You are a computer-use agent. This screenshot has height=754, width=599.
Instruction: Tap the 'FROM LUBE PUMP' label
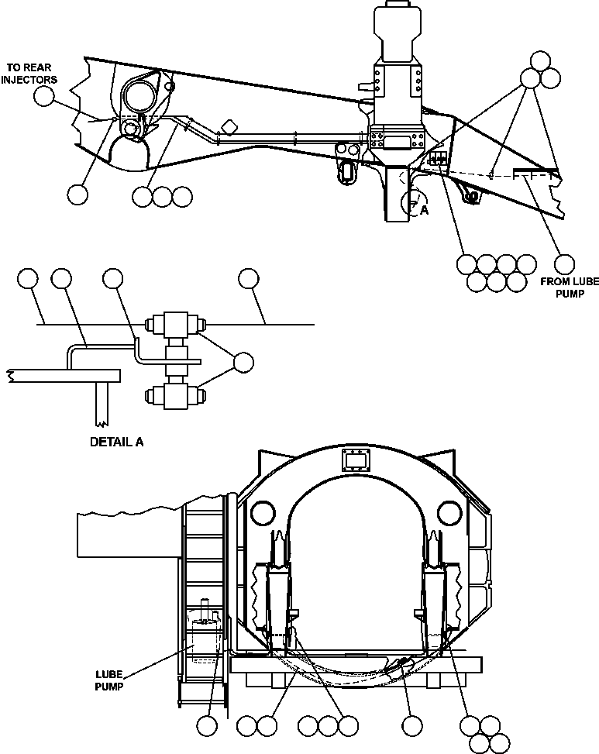coord(570,287)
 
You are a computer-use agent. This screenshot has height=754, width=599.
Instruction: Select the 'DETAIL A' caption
coord(117,443)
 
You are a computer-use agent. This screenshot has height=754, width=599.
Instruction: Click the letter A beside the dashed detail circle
coord(424,209)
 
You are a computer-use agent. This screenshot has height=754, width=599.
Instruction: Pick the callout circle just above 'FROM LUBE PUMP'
coord(565,263)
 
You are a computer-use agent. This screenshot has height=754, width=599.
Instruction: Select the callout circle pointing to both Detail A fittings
coord(243,362)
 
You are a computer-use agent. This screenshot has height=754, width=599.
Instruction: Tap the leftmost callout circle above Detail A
coord(28,278)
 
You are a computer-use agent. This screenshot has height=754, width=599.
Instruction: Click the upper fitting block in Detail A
coord(177,325)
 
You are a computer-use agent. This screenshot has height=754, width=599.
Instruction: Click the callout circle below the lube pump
coord(206,726)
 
